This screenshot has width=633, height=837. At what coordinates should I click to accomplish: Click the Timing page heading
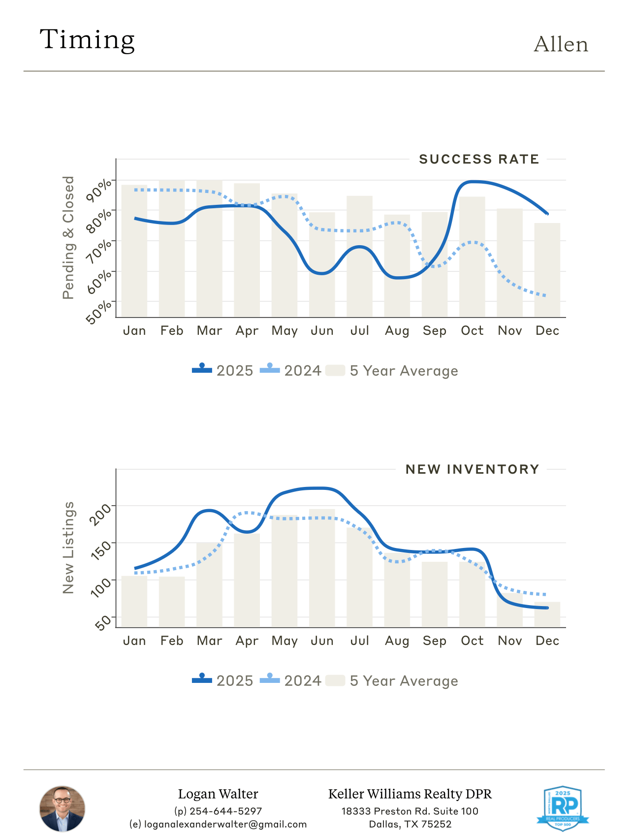(87, 40)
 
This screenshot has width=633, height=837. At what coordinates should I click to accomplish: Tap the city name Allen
(561, 45)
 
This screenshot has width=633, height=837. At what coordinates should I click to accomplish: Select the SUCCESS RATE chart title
(478, 160)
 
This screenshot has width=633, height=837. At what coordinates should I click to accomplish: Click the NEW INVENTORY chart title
(472, 470)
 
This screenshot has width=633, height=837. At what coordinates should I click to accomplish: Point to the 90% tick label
(99, 191)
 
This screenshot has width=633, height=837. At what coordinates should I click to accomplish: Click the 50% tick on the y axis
(99, 313)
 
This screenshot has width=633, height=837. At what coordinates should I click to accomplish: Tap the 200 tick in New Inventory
(101, 515)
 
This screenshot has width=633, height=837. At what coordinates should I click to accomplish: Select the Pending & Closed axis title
(68, 237)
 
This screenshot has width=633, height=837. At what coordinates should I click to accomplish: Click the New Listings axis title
(68, 547)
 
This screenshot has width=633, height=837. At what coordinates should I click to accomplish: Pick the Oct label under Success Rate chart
(472, 331)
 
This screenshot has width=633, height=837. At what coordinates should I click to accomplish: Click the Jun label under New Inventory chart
(322, 641)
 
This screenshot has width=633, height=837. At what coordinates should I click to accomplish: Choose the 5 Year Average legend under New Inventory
(392, 681)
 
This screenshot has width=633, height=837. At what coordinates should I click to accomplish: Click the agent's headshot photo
(62, 809)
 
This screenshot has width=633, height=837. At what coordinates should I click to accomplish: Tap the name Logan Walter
(218, 794)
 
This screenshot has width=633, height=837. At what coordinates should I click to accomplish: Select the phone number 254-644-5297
(225, 811)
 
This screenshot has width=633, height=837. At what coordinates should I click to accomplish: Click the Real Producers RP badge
(562, 808)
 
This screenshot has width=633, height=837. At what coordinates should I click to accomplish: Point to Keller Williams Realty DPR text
(410, 794)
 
